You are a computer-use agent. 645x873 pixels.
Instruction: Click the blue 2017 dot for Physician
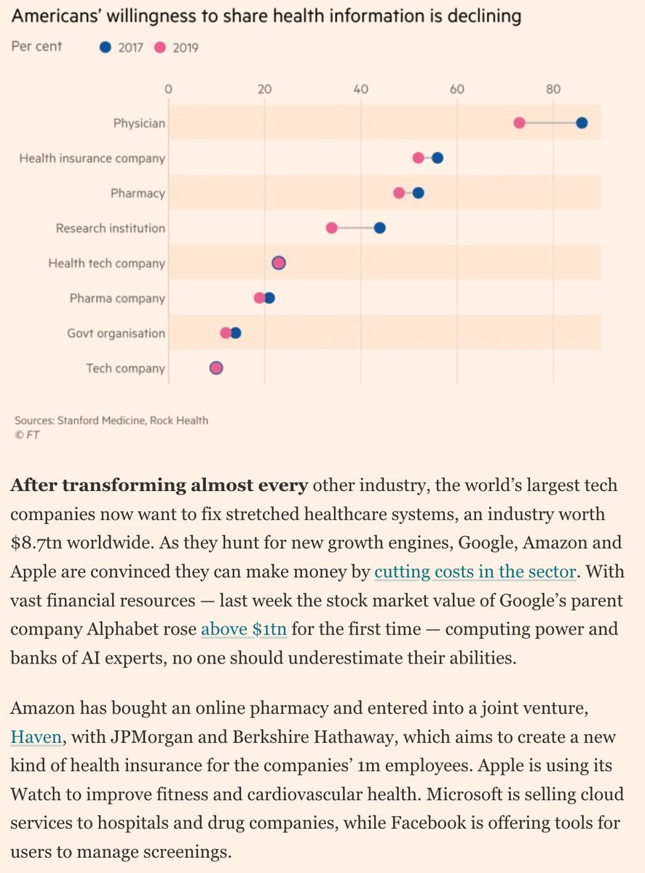pos(582,123)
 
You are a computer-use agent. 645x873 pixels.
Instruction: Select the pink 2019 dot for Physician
pos(519,123)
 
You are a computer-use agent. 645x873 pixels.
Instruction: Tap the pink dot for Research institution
pos(331,228)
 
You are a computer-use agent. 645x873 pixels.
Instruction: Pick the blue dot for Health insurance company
pos(438,158)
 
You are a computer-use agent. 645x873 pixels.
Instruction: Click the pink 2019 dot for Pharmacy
pos(399,193)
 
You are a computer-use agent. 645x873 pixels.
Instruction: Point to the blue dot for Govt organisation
pos(236,333)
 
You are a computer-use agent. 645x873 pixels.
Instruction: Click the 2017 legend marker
pos(106,48)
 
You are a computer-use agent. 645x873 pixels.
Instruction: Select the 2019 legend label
pos(185,48)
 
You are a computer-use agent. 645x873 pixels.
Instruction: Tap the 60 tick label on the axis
pos(456,89)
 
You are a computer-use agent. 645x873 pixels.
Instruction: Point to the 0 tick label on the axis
pos(169,89)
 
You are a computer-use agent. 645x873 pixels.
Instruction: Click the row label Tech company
pos(125,368)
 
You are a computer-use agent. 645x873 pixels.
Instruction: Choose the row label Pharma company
pos(117,298)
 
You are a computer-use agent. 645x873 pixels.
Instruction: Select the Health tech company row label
pos(106,263)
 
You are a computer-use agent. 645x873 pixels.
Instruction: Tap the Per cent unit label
pos(37,47)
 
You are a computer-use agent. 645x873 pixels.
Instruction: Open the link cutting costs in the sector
pos(475,573)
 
